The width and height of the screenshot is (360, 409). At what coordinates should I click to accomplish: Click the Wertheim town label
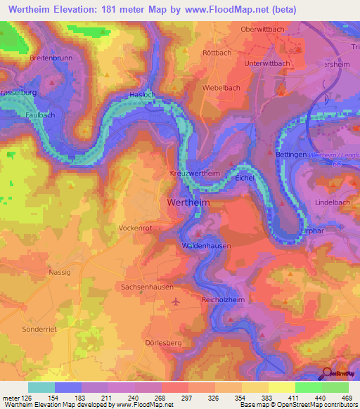[x=188, y=202]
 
